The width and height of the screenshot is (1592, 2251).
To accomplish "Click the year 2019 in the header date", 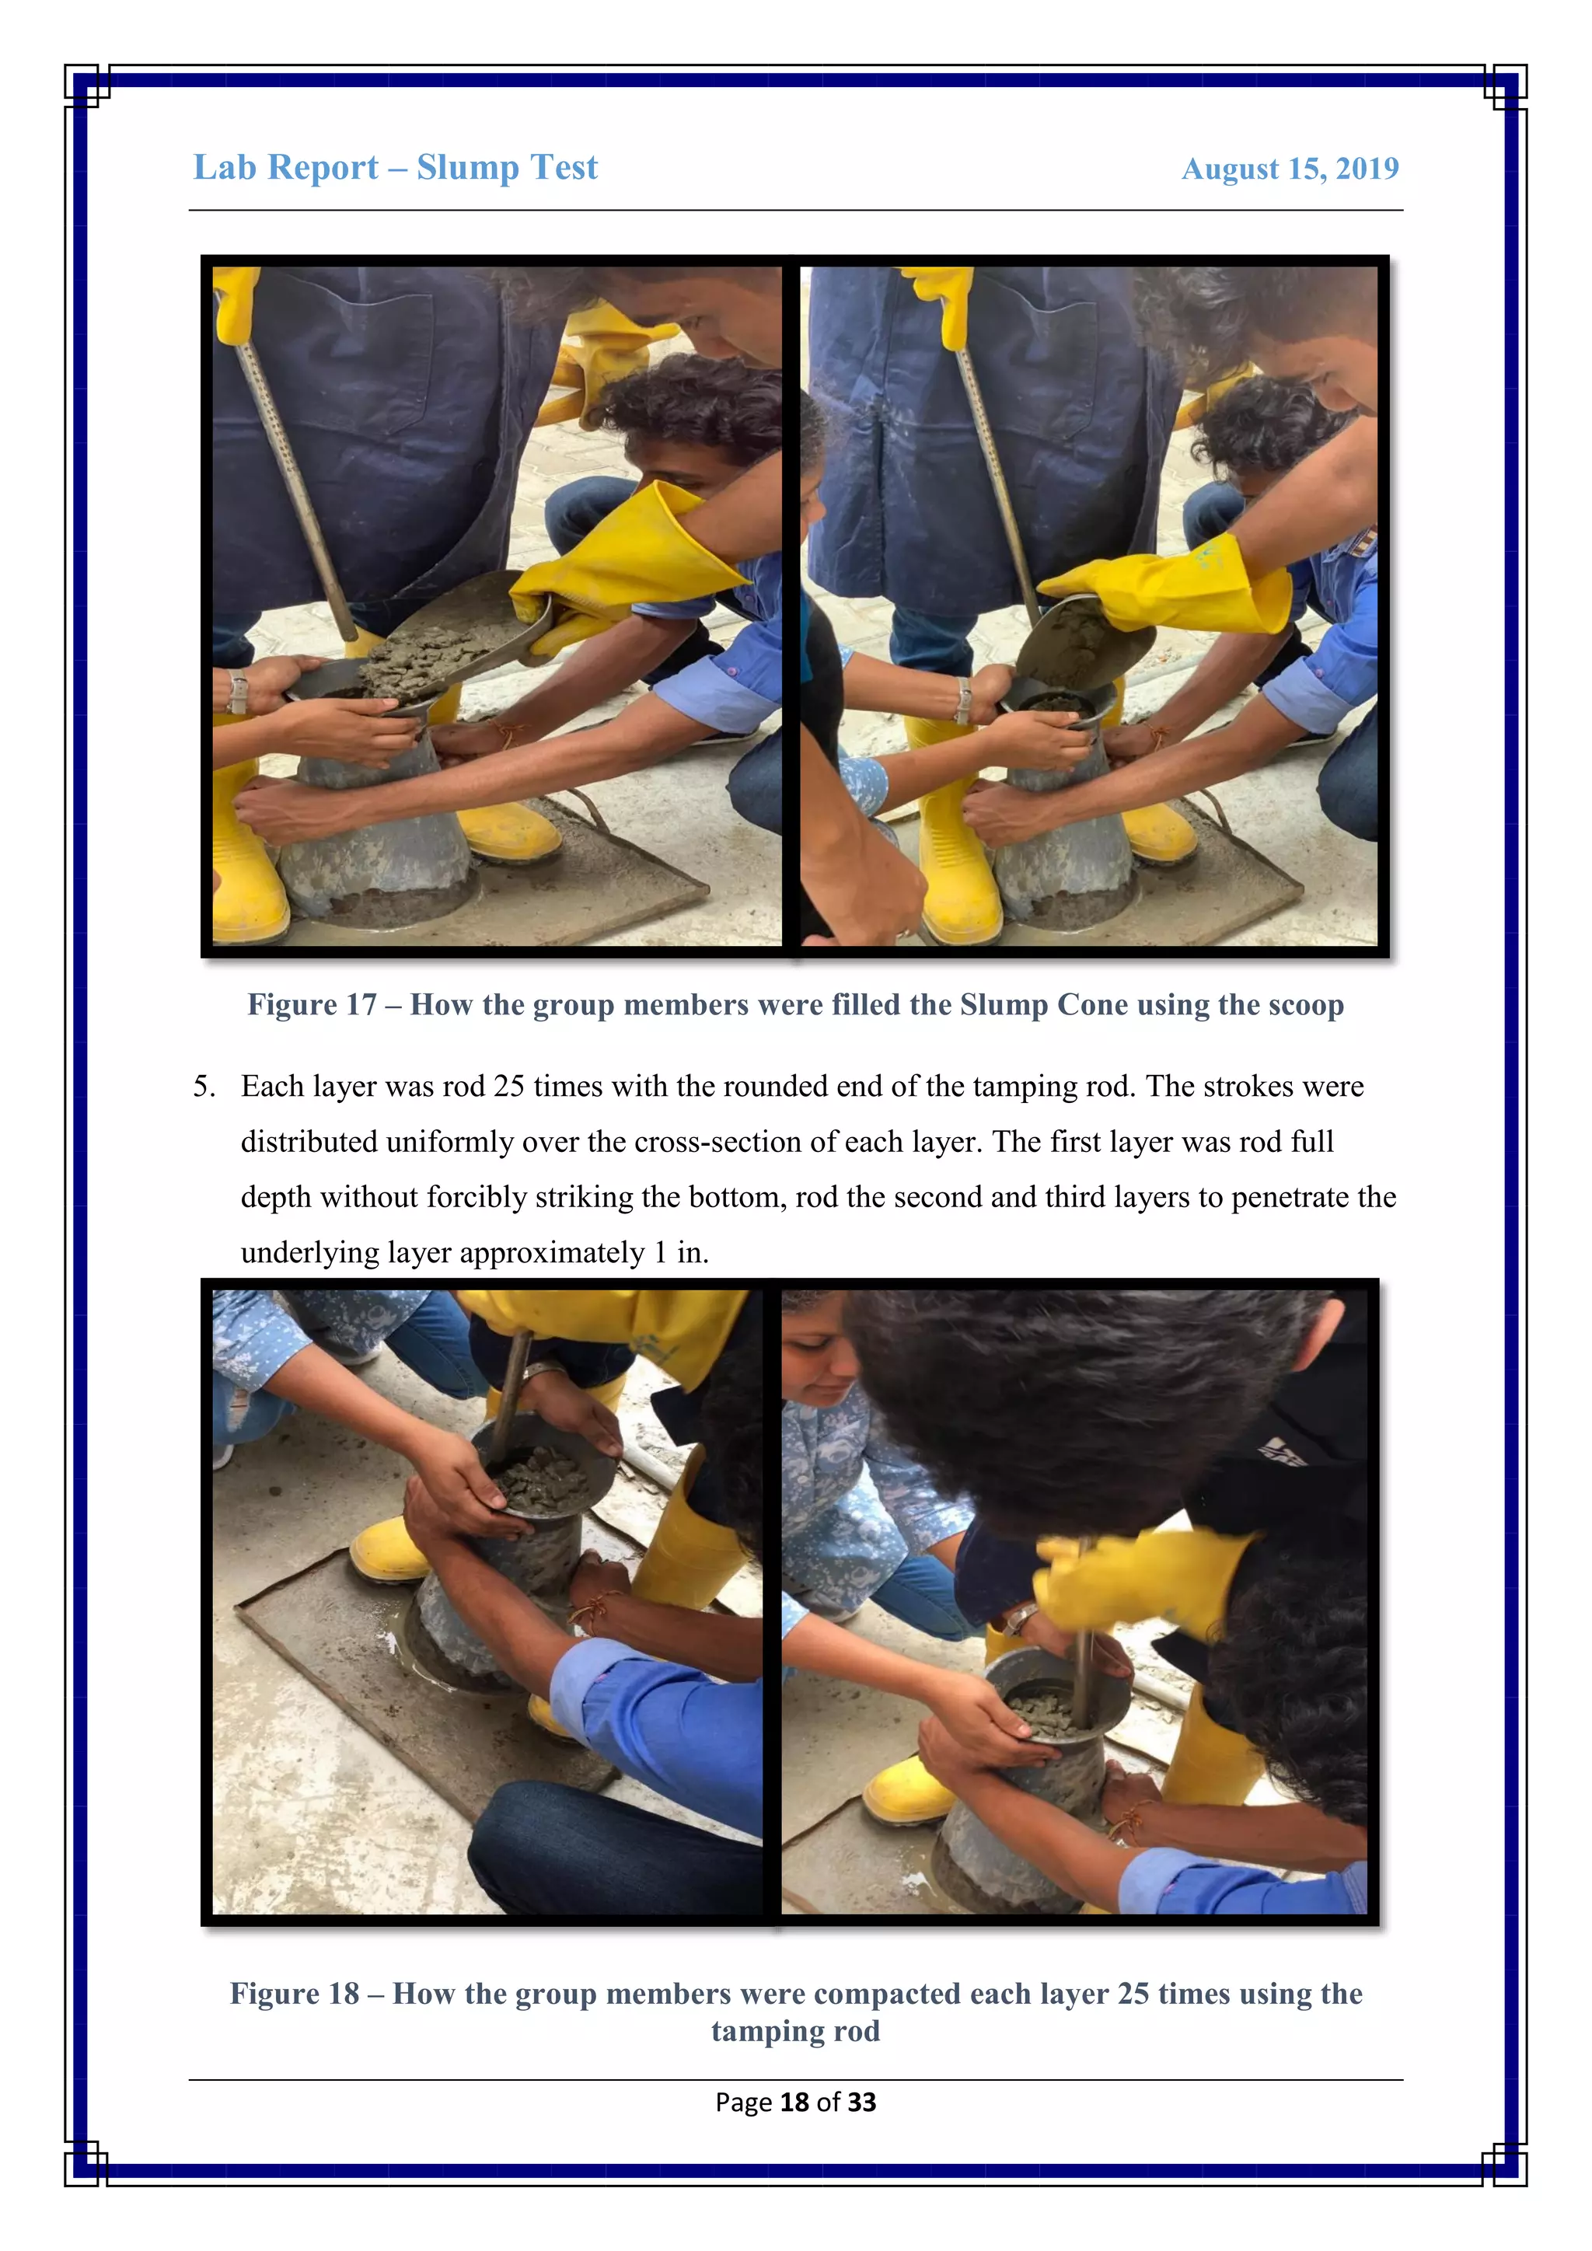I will [x=1367, y=169].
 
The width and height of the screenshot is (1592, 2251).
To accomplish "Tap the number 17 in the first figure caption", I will [x=361, y=1005].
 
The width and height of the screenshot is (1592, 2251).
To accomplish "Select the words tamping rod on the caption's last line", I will [x=795, y=2031].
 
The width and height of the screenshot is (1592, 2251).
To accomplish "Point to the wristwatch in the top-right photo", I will [x=965, y=700].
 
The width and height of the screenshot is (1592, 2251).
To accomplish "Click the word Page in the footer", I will [x=743, y=2102].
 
